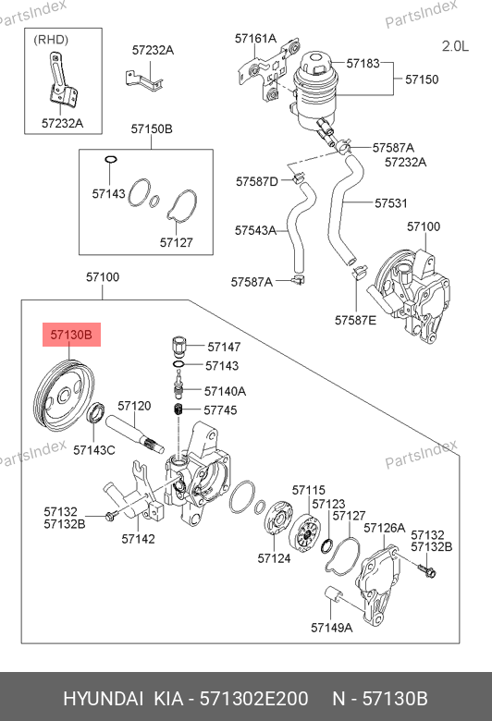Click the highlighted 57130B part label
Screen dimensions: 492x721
click(71, 335)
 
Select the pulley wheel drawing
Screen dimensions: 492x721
click(64, 397)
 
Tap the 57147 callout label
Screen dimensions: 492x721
click(224, 347)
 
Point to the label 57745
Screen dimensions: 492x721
click(220, 409)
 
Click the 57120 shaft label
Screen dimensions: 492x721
click(134, 406)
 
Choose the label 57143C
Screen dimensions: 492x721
click(94, 450)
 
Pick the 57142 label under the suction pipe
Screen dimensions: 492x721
click(138, 539)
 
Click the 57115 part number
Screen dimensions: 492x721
click(308, 490)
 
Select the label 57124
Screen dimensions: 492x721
click(274, 558)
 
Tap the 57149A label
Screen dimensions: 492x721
click(331, 628)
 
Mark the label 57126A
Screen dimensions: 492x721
click(385, 528)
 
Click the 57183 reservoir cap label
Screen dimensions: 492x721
click(363, 63)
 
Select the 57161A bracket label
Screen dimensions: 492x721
click(255, 38)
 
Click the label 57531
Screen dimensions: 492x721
click(391, 202)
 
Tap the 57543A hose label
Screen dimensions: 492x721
click(255, 230)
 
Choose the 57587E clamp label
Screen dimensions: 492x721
click(355, 320)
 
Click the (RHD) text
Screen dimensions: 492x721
click(51, 40)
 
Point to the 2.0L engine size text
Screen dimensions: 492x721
click(455, 46)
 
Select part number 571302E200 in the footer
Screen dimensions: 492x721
click(253, 699)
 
